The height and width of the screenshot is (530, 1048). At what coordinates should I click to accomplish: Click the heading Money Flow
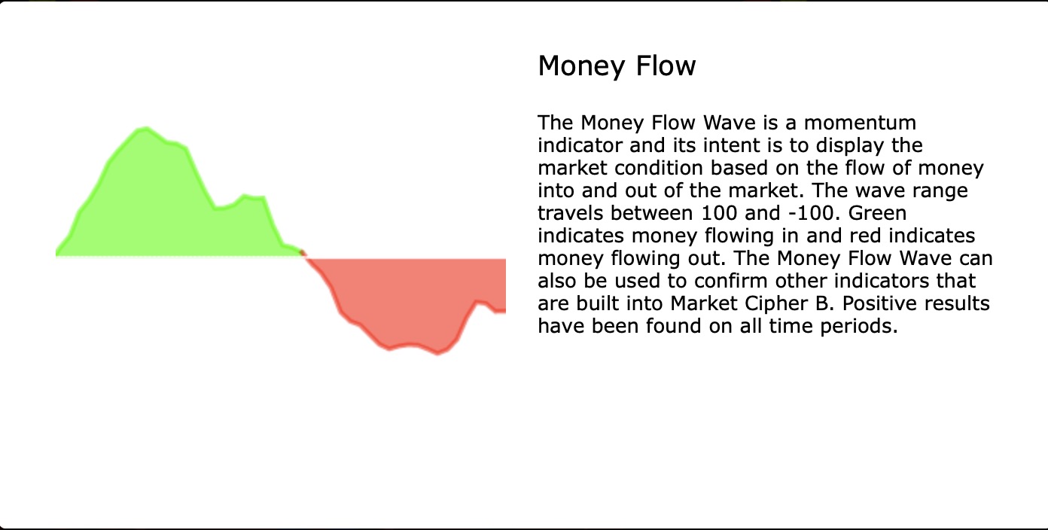coord(617,66)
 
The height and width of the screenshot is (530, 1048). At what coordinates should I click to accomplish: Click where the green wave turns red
coord(303,254)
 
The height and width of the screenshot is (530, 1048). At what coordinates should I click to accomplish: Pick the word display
coord(842,145)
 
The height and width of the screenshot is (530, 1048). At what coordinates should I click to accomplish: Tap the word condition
coord(653,168)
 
